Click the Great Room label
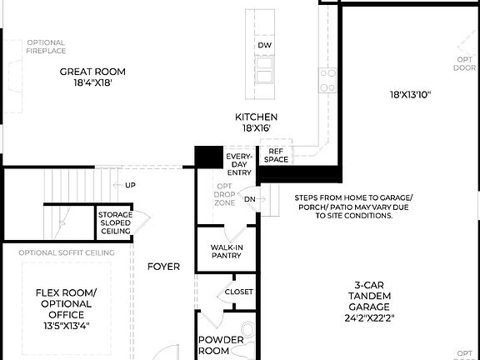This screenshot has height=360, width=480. (92, 72)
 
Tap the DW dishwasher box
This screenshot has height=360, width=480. (265, 45)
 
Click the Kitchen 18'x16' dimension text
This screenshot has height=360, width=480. (256, 129)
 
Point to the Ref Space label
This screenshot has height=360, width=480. (277, 156)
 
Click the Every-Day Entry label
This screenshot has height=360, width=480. (239, 164)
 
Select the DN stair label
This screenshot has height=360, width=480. (250, 199)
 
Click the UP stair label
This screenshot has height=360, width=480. (130, 185)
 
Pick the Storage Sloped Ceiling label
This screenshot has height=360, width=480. (115, 222)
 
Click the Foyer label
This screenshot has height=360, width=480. (163, 267)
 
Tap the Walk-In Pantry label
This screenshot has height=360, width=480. (226, 252)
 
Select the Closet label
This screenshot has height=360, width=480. (239, 292)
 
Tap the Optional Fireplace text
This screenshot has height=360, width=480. (46, 47)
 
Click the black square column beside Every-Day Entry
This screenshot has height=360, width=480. (208, 157)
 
